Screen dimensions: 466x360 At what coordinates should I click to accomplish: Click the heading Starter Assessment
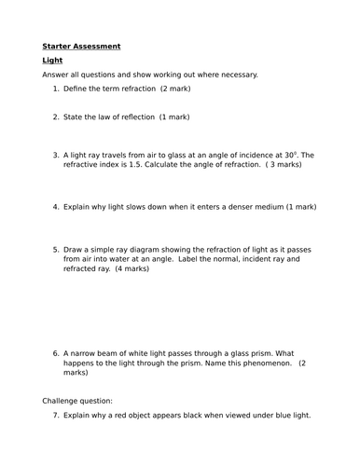coord(81,45)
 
